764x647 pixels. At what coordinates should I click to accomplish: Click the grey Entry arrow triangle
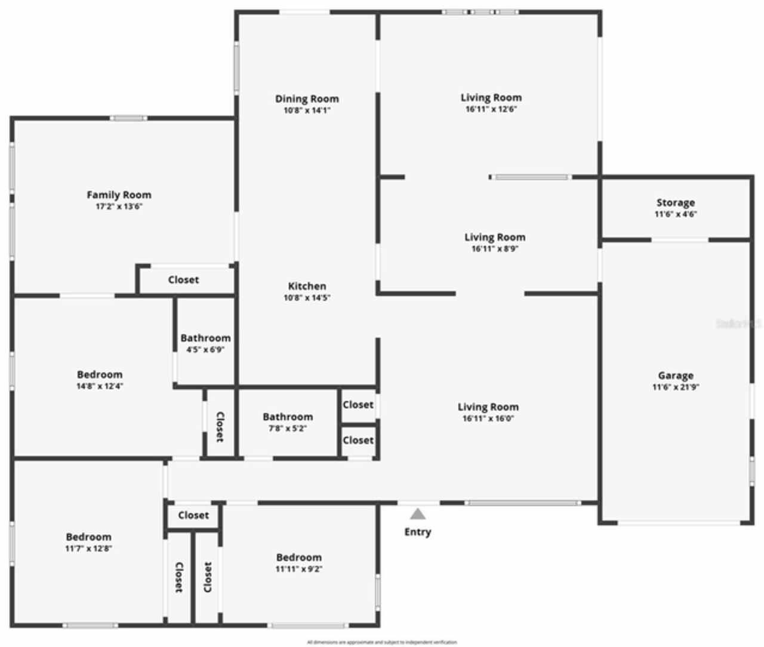coord(418,514)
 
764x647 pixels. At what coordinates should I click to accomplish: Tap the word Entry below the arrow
coord(418,532)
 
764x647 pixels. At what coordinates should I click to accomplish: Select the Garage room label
coord(676,375)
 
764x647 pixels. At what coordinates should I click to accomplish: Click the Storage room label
coord(676,202)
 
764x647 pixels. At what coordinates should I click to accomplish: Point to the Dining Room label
coord(307,98)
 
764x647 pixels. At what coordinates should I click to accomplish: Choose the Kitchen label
coord(307,286)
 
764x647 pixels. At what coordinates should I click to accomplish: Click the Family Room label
coord(119,195)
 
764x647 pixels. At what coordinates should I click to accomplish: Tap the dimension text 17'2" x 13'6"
coord(119,207)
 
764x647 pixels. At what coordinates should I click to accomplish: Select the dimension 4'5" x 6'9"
coord(205,350)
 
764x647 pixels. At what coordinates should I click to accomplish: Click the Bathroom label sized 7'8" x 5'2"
coord(288,417)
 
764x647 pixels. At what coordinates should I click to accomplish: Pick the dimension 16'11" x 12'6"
coord(491,109)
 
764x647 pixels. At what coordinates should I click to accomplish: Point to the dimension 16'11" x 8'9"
coord(495,249)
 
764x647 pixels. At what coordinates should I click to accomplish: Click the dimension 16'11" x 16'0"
coord(488,418)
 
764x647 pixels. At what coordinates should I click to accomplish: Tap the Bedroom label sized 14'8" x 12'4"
coord(100,374)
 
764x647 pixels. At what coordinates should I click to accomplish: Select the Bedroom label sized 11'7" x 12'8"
coord(88,537)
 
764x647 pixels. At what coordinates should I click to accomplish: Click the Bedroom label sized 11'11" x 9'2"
coord(298,557)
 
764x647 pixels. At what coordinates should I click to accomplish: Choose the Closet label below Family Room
coord(183,279)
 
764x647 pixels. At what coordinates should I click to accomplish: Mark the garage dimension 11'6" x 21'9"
coord(676,387)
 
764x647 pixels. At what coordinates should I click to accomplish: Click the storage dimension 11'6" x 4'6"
coord(676,214)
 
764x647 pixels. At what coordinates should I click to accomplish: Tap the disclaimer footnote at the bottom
coord(382,642)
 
